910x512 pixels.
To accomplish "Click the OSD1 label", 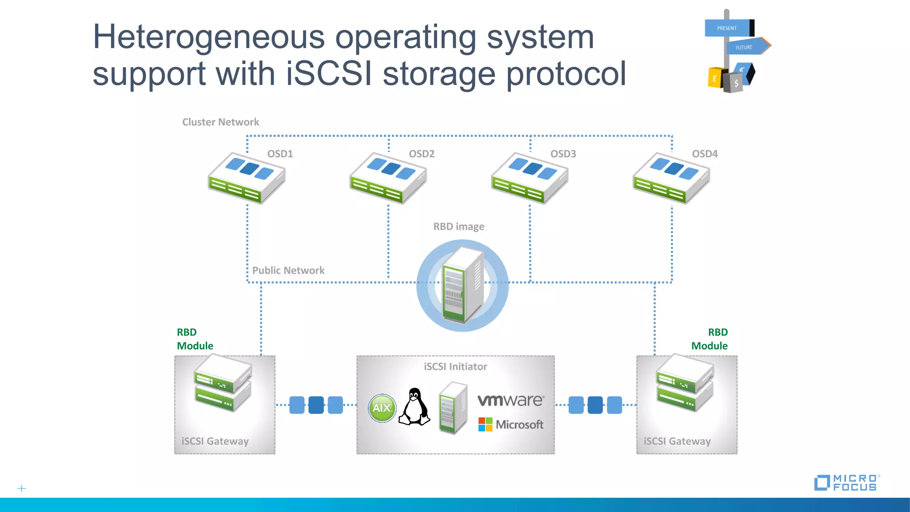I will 280,154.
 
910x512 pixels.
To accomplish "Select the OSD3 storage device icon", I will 529,178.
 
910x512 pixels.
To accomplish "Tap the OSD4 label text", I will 705,154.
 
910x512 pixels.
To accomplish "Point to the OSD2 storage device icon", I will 388,178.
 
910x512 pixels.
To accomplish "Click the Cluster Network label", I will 220,122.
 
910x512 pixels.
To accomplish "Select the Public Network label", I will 288,270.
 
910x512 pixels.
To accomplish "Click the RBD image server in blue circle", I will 463,285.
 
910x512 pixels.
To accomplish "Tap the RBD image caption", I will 459,227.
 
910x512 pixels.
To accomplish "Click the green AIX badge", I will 382,408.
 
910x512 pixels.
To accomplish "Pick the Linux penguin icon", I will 414,407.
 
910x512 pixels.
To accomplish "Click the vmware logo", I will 511,400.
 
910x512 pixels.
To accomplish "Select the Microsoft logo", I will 511,424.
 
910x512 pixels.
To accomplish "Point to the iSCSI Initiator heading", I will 455,367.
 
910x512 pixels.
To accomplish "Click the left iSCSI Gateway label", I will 215,441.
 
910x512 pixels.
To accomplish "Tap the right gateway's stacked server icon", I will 685,383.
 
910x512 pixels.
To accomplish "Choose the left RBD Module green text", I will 195,339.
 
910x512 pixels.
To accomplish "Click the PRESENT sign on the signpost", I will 727,28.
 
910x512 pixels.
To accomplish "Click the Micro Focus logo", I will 846,483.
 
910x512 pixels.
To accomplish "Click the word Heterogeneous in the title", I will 208,37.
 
